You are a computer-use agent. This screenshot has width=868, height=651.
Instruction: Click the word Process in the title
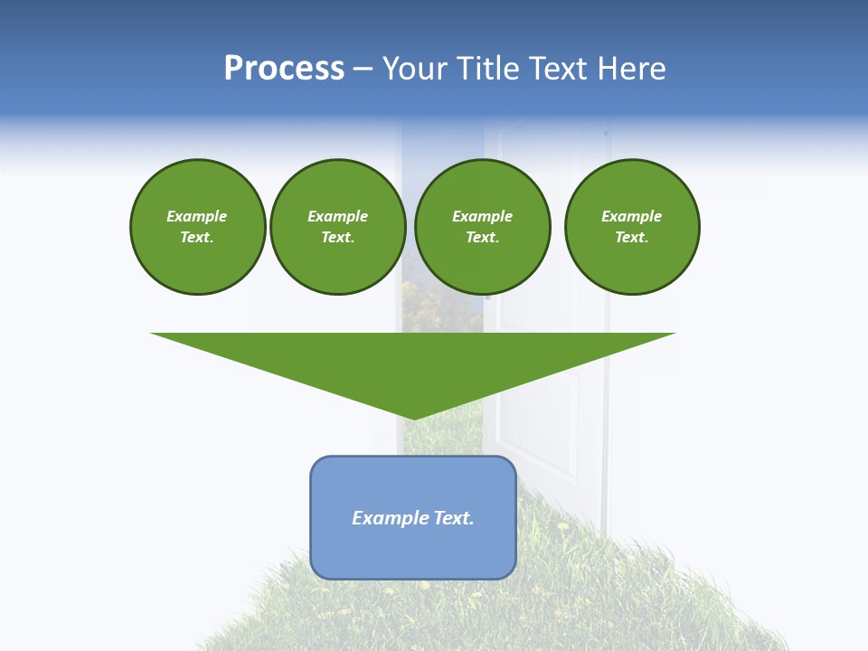[284, 69]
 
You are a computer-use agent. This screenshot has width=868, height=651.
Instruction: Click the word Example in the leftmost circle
[197, 216]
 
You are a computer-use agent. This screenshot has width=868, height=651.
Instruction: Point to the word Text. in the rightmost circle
[632, 238]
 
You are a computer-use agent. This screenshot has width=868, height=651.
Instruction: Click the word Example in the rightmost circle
[632, 216]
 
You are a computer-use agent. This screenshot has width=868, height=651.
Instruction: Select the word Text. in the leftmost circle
[197, 238]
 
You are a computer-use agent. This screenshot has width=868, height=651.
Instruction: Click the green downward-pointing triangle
[413, 362]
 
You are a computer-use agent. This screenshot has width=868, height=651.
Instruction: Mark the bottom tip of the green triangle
[413, 417]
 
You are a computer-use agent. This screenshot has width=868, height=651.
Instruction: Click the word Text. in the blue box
[454, 518]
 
